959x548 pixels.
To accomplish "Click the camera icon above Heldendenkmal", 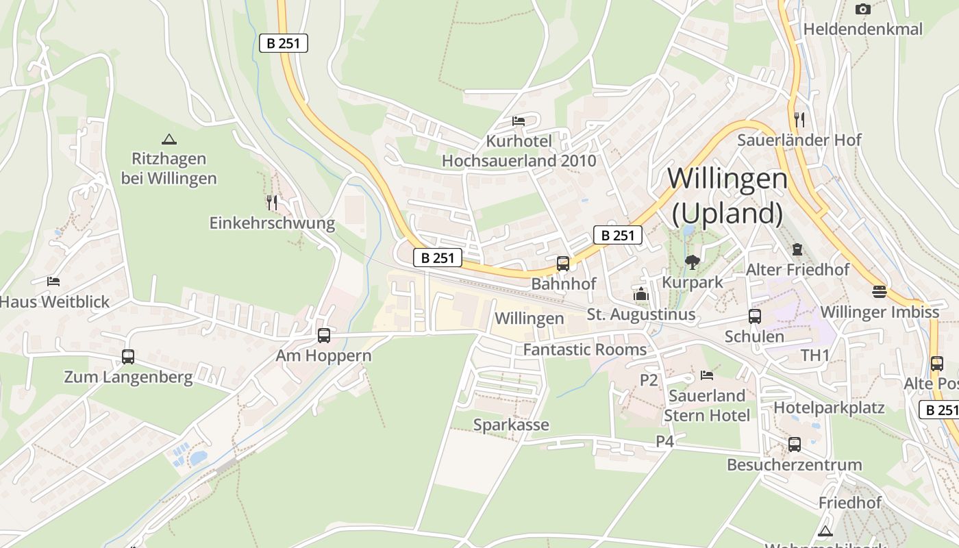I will (x=862, y=9).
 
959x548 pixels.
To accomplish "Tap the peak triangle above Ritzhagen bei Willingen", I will (x=169, y=139).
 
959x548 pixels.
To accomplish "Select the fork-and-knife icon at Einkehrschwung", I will (x=272, y=202).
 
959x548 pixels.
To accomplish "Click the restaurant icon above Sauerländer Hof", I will (x=799, y=119).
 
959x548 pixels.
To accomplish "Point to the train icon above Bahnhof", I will (x=563, y=263).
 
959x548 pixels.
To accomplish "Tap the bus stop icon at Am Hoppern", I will (x=324, y=336).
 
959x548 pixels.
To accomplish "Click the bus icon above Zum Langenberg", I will (x=128, y=356).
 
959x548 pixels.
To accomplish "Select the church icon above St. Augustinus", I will (x=641, y=294).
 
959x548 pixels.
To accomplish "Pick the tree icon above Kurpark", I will (x=692, y=262).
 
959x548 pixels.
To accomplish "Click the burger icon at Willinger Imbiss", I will (x=880, y=292).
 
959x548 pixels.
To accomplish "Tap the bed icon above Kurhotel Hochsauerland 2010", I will (x=519, y=121).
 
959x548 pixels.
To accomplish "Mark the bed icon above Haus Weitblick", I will (x=53, y=281).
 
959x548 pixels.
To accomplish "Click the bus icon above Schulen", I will (x=754, y=316).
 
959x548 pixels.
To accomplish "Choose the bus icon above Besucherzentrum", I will (x=794, y=444).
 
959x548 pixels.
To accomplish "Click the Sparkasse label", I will (x=511, y=425).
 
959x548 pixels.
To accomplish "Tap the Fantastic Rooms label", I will (x=584, y=349).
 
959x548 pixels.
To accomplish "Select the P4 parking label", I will (x=664, y=441).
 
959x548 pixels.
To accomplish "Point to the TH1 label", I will (x=814, y=355).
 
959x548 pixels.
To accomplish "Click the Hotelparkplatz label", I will (x=829, y=408).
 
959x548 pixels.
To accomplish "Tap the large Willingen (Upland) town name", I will (x=727, y=196).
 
